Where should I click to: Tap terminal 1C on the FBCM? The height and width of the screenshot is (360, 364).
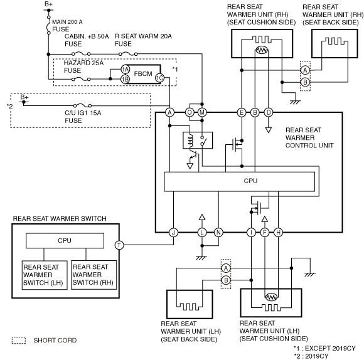tap(159, 78)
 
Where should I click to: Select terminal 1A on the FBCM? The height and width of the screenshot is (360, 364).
tap(126, 69)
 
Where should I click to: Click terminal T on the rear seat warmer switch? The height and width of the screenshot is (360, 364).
tap(119, 245)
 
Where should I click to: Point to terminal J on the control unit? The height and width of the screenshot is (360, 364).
tap(173, 233)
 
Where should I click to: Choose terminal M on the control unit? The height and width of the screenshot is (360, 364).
tap(202, 112)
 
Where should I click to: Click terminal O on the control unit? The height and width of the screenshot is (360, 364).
tap(190, 112)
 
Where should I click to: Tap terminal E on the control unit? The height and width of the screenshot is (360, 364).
tap(242, 112)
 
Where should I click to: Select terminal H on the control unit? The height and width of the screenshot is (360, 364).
tap(278, 233)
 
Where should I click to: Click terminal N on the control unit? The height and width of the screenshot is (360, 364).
tap(218, 233)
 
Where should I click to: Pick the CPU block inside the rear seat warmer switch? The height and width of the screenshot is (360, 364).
tap(65, 241)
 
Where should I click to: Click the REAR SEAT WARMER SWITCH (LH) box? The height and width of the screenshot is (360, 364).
tap(45, 275)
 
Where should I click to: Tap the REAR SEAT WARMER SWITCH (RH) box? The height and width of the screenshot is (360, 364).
tap(94, 275)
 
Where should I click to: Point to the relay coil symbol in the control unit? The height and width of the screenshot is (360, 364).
tap(190, 140)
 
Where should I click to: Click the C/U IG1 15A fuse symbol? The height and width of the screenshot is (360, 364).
tap(82, 105)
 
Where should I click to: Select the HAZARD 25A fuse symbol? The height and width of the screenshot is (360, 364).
tap(81, 79)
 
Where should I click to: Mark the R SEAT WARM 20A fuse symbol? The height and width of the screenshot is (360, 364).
tap(128, 54)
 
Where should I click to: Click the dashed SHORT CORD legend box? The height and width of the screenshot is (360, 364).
tap(19, 340)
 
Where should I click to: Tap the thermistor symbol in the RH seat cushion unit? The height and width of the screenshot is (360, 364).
tap(262, 50)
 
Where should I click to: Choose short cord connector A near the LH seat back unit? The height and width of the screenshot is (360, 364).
tap(226, 268)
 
